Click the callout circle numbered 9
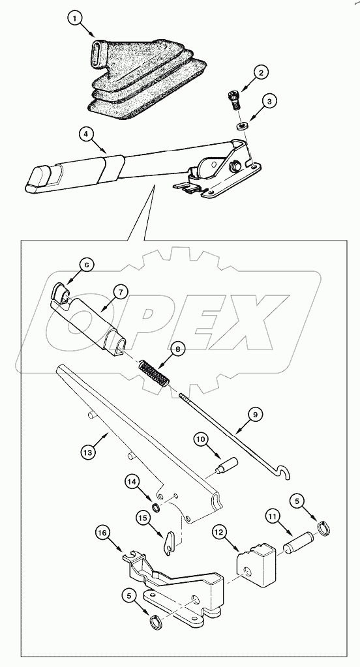tap(255, 413)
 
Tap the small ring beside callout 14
tap(155, 507)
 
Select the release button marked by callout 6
tap(60, 292)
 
